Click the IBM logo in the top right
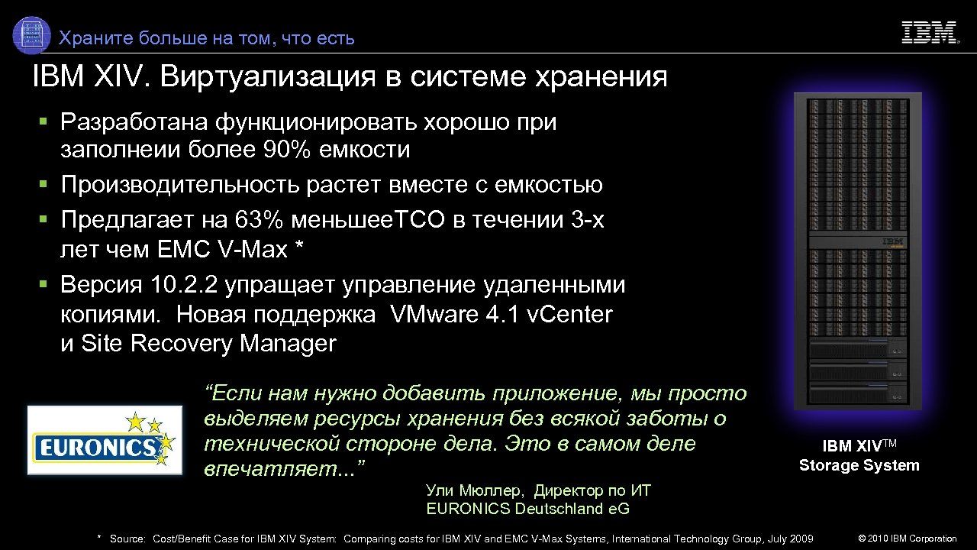tap(930, 33)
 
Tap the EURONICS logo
tap(105, 440)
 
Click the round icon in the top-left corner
tap(32, 35)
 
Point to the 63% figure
tap(262, 220)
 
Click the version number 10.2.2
tap(185, 286)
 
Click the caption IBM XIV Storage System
tap(859, 456)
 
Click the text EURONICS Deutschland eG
tap(527, 509)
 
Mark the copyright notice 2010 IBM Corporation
tap(908, 539)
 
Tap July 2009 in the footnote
tap(788, 539)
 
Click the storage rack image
tap(858, 251)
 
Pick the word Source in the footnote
tap(127, 539)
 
